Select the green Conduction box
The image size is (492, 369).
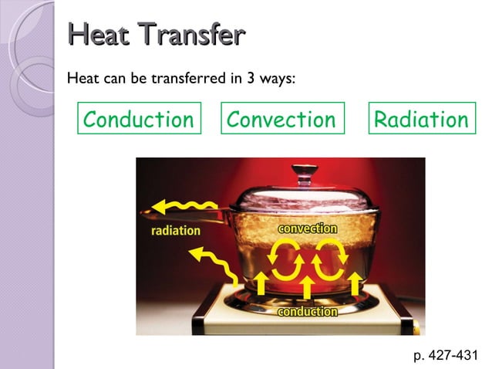(x=139, y=120)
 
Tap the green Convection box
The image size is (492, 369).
(x=281, y=120)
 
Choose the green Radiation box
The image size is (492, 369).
(x=421, y=120)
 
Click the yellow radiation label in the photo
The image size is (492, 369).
(x=175, y=230)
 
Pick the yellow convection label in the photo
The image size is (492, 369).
(x=308, y=229)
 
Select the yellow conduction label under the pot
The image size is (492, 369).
(x=307, y=312)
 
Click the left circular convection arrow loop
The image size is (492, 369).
(x=283, y=259)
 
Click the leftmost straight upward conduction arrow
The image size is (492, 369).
(x=261, y=283)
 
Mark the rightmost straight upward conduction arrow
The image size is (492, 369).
(x=355, y=283)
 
